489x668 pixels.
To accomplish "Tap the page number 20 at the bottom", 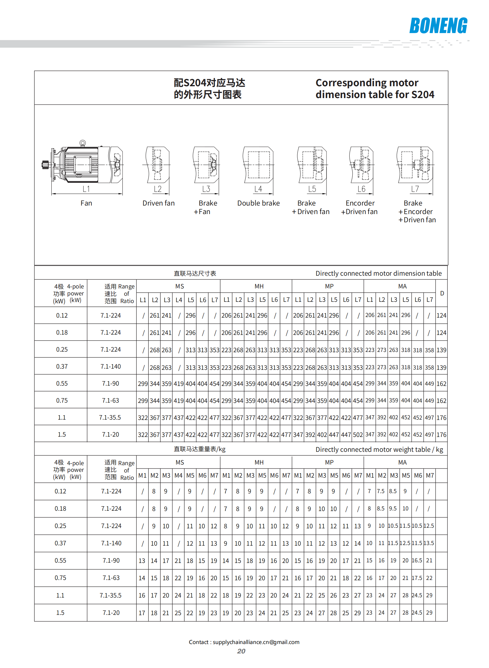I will point(241,651).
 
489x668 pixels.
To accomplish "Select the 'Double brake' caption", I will point(258,203).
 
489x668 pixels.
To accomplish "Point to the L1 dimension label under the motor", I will point(86,189).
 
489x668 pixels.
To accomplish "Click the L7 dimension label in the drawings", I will point(415,189).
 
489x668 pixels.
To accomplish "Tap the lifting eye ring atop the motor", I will point(83,143).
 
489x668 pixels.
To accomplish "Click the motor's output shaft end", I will point(44,165).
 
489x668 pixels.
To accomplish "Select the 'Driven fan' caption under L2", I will point(159,203).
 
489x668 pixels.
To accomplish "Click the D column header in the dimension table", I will point(442,293).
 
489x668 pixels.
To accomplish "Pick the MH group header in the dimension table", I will point(259,286).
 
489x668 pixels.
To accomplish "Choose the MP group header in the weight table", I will point(329,462).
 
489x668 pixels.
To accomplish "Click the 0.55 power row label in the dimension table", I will point(62,383).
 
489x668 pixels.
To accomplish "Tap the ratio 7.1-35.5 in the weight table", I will point(111,595).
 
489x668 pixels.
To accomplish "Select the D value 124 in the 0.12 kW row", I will point(441,315).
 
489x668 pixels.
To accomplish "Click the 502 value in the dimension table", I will point(358,435).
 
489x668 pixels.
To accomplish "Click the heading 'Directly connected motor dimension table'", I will point(378,273).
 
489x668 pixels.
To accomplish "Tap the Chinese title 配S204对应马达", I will point(209,83).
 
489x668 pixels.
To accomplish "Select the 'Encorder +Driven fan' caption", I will point(360,207).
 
